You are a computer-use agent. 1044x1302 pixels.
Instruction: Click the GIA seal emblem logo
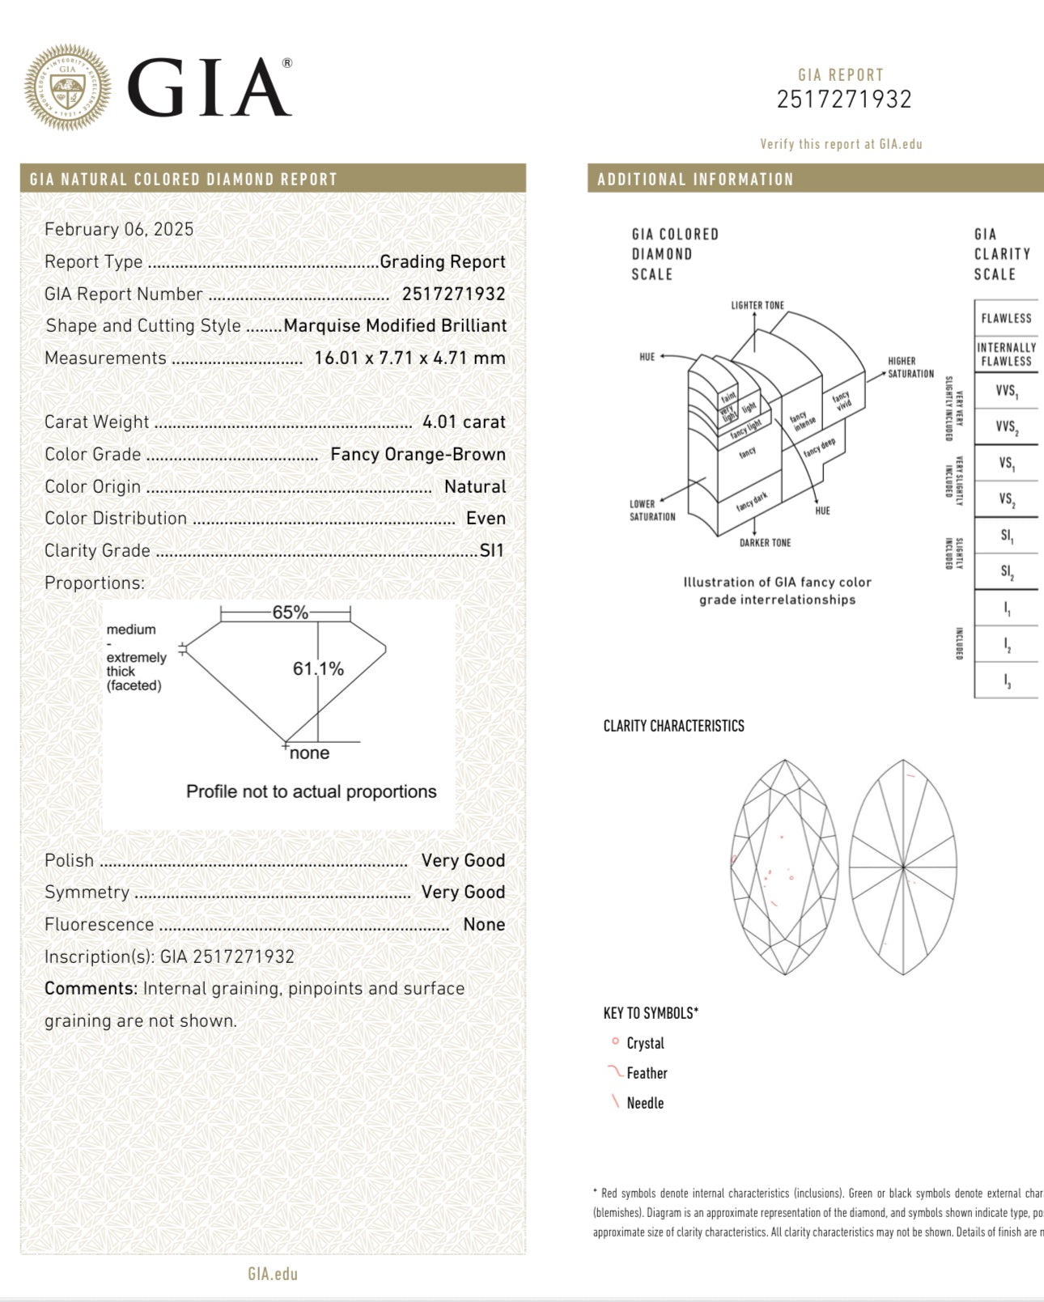coord(67,87)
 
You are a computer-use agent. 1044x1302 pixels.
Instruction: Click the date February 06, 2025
coord(119,229)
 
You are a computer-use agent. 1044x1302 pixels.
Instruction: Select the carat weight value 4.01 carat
coord(464,422)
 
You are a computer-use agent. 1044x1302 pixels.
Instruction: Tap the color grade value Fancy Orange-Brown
coord(418,454)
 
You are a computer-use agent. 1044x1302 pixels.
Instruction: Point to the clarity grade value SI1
coord(492,550)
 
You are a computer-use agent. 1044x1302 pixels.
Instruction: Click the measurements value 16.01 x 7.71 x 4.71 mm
coord(410,358)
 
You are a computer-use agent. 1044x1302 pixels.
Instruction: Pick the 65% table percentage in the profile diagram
coord(290,613)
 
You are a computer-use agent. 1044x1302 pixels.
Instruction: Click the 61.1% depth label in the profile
coord(318,668)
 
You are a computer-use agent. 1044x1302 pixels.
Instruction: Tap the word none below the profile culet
coord(309,753)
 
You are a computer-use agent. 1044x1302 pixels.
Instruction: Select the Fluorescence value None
coord(484,924)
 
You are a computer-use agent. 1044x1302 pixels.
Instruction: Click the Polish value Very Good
coord(463,860)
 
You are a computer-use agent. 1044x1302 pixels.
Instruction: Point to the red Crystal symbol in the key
coord(615,1042)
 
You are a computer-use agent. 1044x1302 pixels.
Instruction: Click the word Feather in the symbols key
coord(647,1073)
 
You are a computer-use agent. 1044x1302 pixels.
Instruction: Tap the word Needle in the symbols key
coord(645,1103)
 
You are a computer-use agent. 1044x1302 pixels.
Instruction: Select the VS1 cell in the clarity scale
coord(1007,464)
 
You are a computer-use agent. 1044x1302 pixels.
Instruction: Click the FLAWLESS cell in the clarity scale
coord(1006,319)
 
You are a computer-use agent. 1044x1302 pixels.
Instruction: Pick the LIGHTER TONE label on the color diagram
coord(758,305)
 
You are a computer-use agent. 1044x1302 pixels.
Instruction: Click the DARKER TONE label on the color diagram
coord(765,542)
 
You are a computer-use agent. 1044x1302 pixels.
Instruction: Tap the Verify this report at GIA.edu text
coord(841,144)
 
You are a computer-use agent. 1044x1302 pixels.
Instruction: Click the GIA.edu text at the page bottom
coord(273,1274)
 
